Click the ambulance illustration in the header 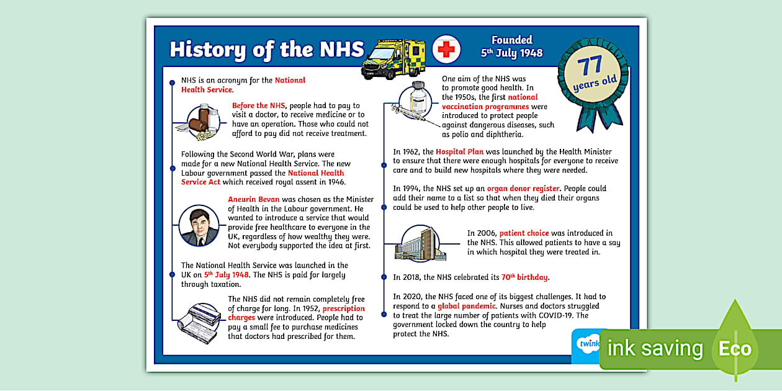[393, 58]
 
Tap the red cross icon [446, 48]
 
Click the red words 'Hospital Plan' [459, 151]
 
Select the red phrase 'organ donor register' [523, 189]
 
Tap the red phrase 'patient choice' [524, 233]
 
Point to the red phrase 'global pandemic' [467, 306]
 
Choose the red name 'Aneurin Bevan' [254, 199]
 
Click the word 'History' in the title [207, 50]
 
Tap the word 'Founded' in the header [512, 40]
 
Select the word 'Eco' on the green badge [735, 349]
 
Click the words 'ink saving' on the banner [655, 349]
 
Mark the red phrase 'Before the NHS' [258, 106]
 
